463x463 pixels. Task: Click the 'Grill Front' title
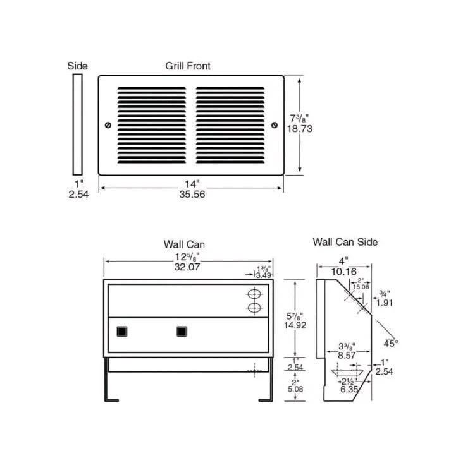click(x=188, y=66)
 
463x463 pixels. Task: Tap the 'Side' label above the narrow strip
click(x=77, y=66)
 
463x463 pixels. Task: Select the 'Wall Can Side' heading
click(x=345, y=242)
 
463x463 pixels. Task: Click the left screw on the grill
click(x=108, y=125)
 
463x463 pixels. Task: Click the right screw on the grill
click(x=274, y=125)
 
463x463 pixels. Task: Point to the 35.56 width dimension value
click(x=192, y=195)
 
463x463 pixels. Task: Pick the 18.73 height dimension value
click(x=300, y=128)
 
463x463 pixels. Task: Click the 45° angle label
click(x=392, y=343)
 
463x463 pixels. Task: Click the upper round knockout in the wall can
click(x=254, y=295)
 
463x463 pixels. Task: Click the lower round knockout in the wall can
click(x=254, y=308)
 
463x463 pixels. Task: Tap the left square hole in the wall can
click(x=121, y=331)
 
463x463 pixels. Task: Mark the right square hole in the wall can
click(x=182, y=331)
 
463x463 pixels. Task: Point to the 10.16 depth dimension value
click(x=343, y=272)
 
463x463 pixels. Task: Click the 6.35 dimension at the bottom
click(x=348, y=390)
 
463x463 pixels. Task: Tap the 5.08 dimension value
click(x=295, y=389)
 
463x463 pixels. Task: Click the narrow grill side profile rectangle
click(x=77, y=124)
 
